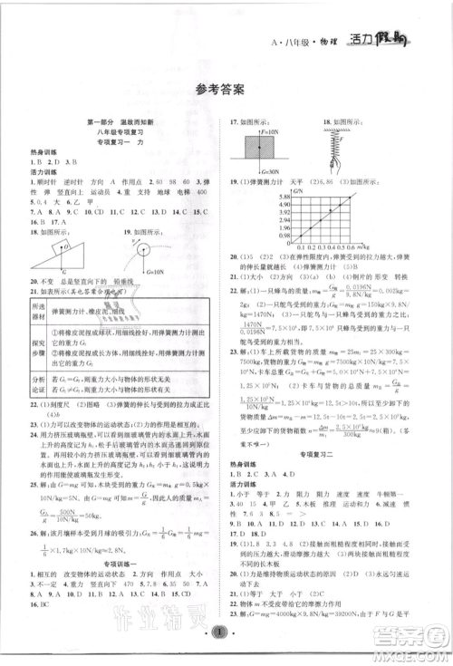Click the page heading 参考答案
pyautogui.click(x=226, y=88)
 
